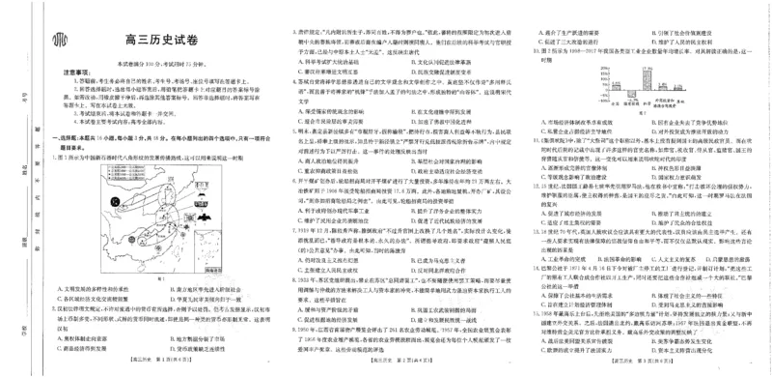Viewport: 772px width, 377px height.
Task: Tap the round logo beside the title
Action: pos(61,40)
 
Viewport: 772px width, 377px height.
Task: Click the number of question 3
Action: pos(294,33)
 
